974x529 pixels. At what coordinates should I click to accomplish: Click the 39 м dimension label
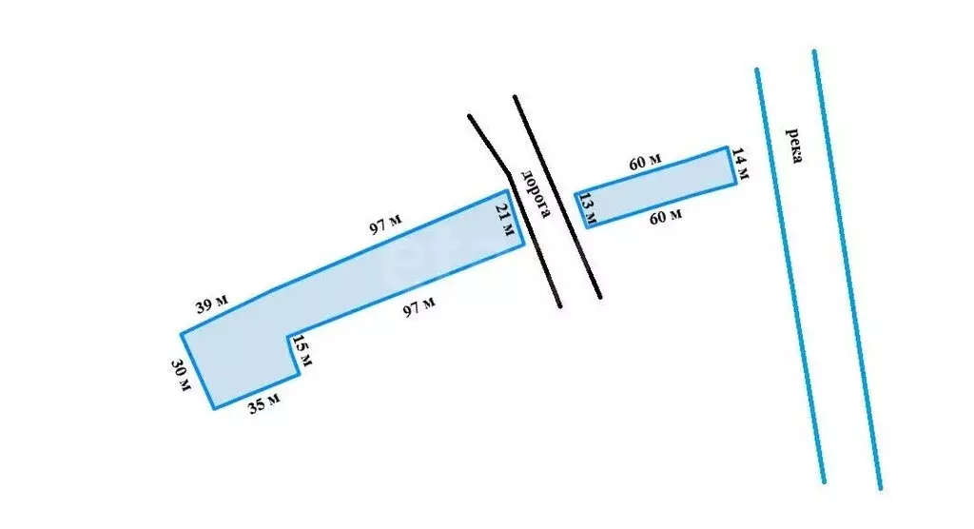[212, 304]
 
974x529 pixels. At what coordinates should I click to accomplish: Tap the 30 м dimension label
[181, 376]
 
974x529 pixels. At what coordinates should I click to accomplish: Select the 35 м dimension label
[264, 402]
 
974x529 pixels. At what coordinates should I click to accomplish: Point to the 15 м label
[302, 350]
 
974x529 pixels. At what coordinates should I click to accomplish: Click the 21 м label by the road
[505, 220]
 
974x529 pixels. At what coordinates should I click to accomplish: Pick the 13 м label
[588, 209]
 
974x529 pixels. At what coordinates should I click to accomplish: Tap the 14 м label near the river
[740, 163]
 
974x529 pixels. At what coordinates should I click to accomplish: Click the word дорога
[536, 194]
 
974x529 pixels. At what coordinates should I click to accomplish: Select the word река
[794, 145]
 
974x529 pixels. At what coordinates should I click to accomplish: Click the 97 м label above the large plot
[386, 224]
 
